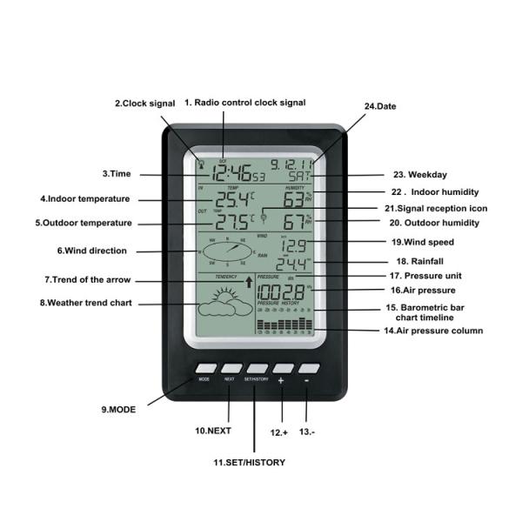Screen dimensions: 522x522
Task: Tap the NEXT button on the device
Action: pyautogui.click(x=231, y=368)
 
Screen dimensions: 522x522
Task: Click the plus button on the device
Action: pyautogui.click(x=282, y=368)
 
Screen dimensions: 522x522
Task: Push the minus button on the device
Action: pyautogui.click(x=309, y=368)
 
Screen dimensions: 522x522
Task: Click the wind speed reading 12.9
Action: pyautogui.click(x=293, y=245)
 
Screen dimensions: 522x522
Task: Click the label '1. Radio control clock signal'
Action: pyautogui.click(x=244, y=103)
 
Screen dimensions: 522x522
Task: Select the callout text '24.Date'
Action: pyautogui.click(x=380, y=106)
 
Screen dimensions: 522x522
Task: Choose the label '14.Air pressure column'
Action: pyautogui.click(x=434, y=331)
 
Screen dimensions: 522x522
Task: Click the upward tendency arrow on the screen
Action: pyautogui.click(x=249, y=282)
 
